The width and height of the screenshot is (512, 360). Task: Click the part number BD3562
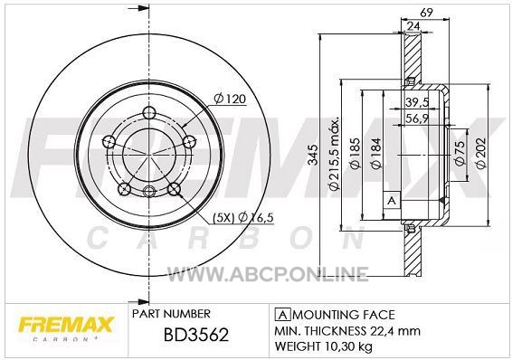click(196, 335)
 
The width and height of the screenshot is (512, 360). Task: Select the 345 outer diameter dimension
click(313, 155)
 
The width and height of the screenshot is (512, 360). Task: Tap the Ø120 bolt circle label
click(230, 99)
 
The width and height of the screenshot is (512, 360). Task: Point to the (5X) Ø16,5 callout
click(243, 217)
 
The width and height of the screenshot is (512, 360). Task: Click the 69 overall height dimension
click(426, 13)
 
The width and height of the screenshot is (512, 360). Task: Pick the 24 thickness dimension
click(413, 26)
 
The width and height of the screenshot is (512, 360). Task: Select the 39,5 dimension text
click(417, 102)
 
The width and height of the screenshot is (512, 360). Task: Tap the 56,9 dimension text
click(417, 118)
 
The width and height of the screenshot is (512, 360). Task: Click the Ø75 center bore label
click(460, 153)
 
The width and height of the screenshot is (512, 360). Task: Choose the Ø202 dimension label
click(481, 153)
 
